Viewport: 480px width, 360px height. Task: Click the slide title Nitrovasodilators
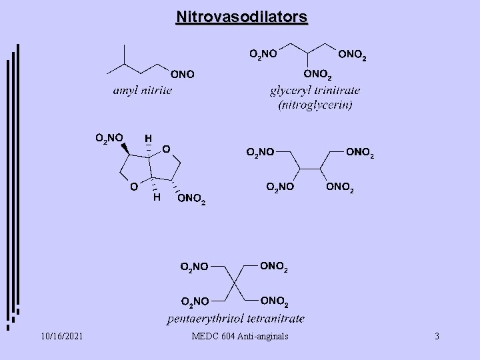point(241,16)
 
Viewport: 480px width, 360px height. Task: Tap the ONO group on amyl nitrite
point(182,74)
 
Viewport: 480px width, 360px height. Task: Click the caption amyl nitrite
point(141,90)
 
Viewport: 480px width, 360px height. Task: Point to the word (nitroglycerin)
point(311,105)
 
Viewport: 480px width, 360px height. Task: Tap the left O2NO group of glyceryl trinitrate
point(263,53)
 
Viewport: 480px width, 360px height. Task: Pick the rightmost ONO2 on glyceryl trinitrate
point(351,53)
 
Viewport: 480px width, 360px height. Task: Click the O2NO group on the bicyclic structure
point(109,139)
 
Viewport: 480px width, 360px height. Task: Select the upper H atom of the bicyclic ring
point(148,138)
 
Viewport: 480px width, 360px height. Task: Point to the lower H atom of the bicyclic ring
point(156,198)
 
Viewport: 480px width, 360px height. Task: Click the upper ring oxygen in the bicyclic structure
point(166,147)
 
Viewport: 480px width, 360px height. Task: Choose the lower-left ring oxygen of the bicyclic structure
point(134,187)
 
